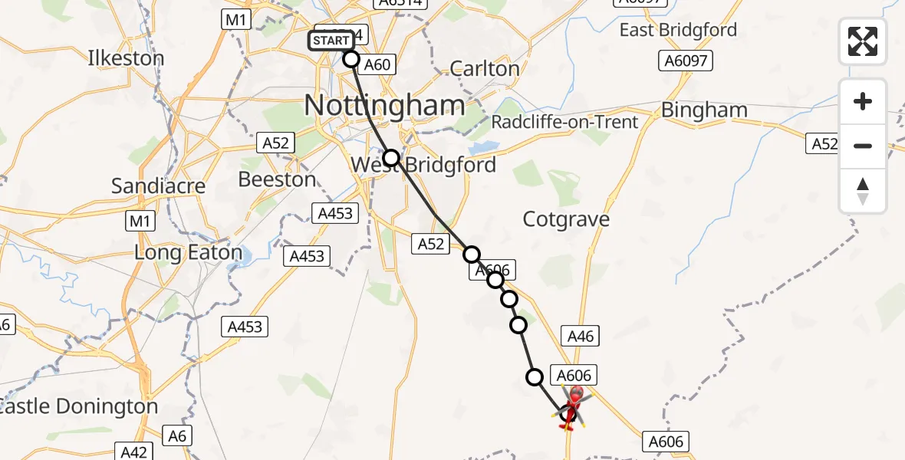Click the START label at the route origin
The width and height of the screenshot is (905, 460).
point(331,40)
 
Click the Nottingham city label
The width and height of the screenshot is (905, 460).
point(384,106)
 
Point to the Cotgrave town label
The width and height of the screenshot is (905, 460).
point(566,219)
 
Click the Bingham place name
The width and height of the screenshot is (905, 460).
point(704,110)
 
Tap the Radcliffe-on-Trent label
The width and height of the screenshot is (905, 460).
point(564,122)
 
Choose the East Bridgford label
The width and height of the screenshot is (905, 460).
point(678,30)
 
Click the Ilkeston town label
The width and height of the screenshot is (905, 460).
point(126,58)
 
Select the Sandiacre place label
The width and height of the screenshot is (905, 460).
point(159,186)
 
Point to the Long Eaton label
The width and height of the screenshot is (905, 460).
point(188,252)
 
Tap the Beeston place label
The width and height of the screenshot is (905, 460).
point(277,179)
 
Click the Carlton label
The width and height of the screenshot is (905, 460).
point(485,68)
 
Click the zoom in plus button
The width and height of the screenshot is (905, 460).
point(863,101)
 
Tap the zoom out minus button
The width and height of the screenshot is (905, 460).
point(863,146)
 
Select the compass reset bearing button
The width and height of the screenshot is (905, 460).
point(863,191)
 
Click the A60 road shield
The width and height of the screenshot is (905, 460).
point(377,64)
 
